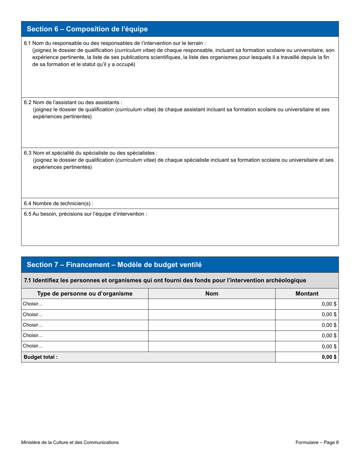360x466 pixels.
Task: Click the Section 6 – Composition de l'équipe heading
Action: point(87,29)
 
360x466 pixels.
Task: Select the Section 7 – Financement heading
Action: point(114,265)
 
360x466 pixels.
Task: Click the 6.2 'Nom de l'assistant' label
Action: point(73,102)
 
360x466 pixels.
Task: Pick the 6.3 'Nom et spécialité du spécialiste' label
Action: point(90,153)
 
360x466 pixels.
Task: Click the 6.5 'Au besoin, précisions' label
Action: point(85,214)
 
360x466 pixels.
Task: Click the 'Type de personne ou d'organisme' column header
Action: point(85,294)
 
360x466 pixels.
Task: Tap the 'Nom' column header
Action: point(211,294)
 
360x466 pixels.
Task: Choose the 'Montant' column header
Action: point(307,294)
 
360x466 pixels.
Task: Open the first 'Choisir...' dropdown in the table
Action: point(85,304)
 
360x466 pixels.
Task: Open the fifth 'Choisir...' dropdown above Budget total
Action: point(85,346)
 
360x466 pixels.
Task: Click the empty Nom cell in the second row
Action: point(211,314)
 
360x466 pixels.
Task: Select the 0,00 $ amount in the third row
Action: point(329,325)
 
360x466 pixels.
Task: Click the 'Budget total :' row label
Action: point(41,357)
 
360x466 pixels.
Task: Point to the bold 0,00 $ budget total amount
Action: point(329,357)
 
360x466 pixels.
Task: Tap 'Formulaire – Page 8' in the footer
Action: point(317,442)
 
